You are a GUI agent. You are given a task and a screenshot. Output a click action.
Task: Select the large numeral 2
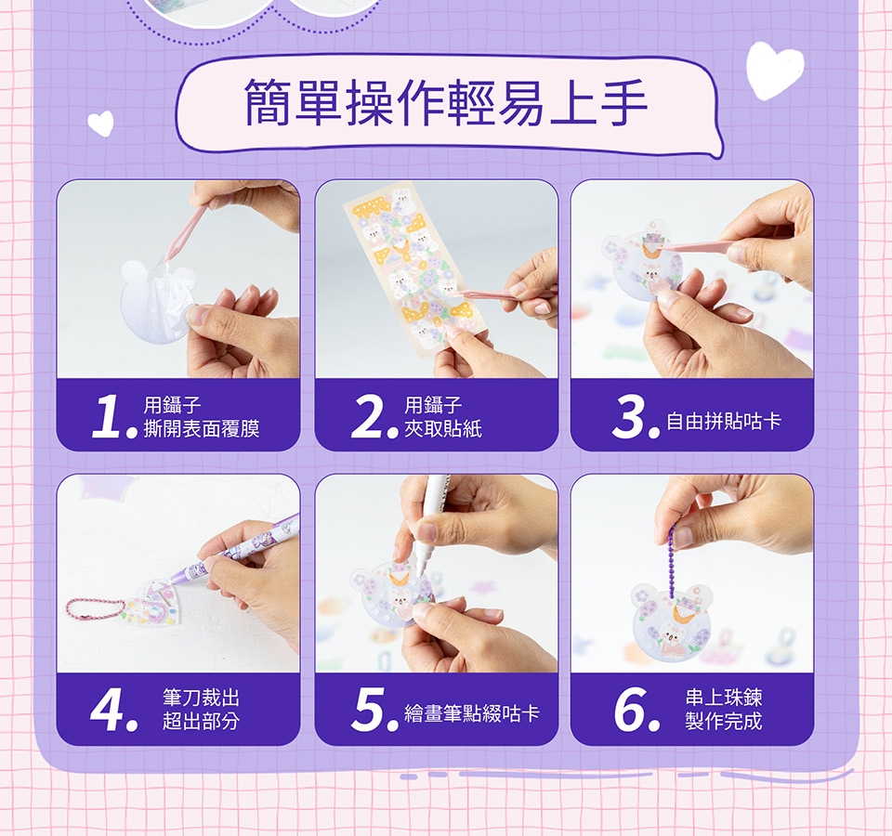369,417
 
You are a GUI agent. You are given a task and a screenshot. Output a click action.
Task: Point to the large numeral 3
630,417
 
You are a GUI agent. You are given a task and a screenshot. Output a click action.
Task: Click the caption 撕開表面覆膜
202,429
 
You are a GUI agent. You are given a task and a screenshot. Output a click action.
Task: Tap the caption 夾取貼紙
443,429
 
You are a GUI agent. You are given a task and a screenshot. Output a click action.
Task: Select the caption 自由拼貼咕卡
724,422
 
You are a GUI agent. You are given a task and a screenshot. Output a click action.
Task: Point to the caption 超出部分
201,721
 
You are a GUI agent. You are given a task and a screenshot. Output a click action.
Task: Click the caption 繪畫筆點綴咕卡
472,713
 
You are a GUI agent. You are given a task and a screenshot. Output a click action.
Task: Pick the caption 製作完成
724,721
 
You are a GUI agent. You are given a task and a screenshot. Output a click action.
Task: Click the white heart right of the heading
774,70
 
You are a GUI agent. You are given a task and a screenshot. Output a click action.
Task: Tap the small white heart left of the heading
101,123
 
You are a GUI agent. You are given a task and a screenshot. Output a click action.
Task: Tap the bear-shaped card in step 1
155,301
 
